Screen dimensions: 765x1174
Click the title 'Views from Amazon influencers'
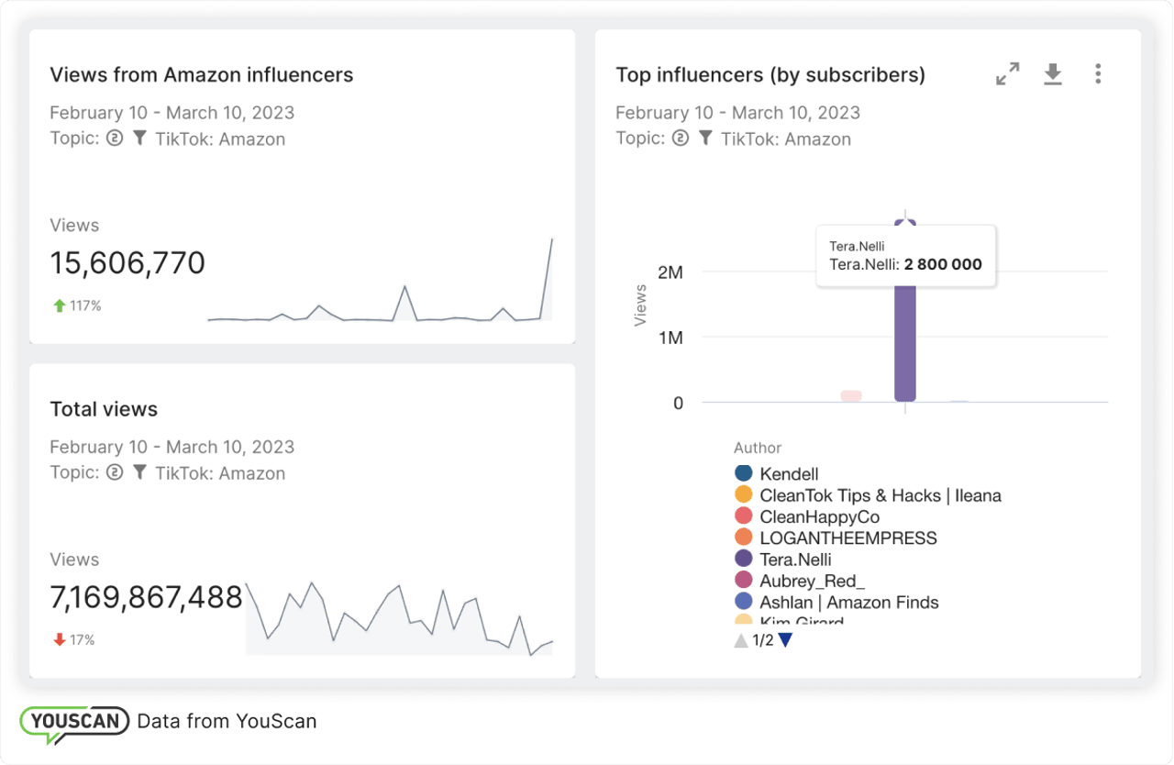pyautogui.click(x=201, y=75)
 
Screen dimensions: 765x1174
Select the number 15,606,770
pyautogui.click(x=127, y=264)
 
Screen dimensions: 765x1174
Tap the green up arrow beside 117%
pyautogui.click(x=60, y=306)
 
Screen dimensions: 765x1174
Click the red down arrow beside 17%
pyautogui.click(x=60, y=640)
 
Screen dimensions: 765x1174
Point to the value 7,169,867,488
pyautogui.click(x=146, y=598)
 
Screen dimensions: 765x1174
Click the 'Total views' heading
pyautogui.click(x=104, y=409)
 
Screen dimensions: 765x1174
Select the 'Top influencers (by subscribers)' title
pyautogui.click(x=770, y=75)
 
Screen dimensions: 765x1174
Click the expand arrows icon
pyautogui.click(x=1008, y=74)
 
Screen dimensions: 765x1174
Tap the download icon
pyautogui.click(x=1053, y=74)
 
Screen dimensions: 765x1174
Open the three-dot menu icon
pyautogui.click(x=1098, y=74)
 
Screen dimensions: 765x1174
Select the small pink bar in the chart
pyautogui.click(x=851, y=395)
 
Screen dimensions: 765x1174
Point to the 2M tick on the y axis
pyautogui.click(x=670, y=272)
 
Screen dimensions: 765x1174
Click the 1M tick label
pyautogui.click(x=670, y=338)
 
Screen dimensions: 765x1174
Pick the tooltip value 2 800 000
pyautogui.click(x=942, y=264)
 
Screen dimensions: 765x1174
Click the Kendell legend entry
pyautogui.click(x=789, y=474)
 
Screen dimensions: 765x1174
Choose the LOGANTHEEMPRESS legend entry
pyautogui.click(x=847, y=538)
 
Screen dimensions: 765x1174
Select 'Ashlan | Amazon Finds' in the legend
pyautogui.click(x=848, y=603)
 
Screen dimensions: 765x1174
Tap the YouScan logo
pyautogui.click(x=75, y=721)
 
